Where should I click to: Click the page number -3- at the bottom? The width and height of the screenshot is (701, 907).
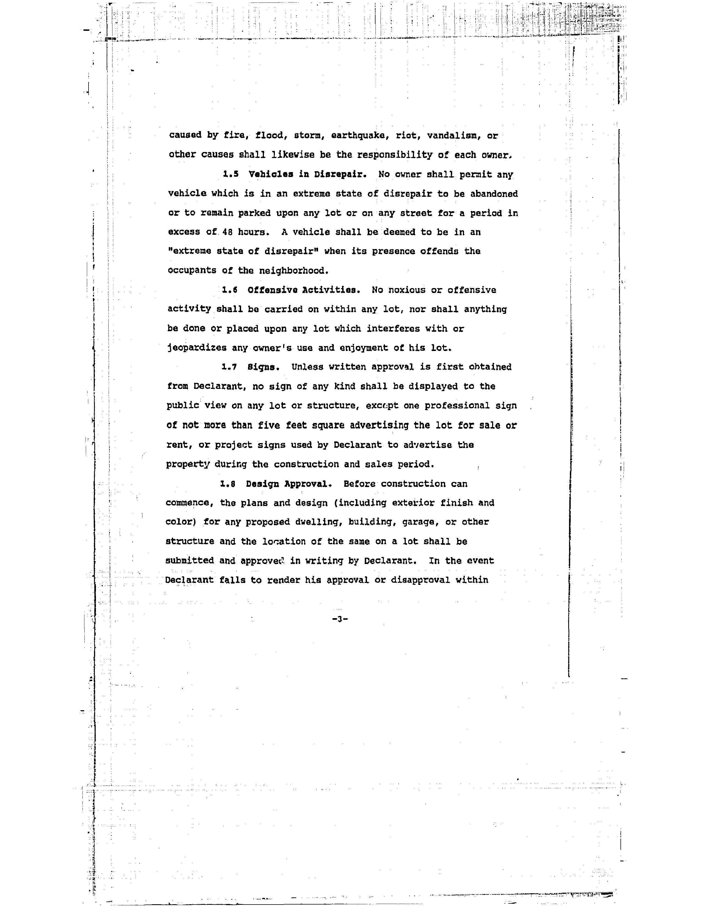(340, 619)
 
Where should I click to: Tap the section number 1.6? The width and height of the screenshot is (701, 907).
(230, 290)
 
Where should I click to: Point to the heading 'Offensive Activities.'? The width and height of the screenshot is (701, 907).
(304, 290)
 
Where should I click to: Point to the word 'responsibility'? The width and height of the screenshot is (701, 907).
(395, 155)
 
